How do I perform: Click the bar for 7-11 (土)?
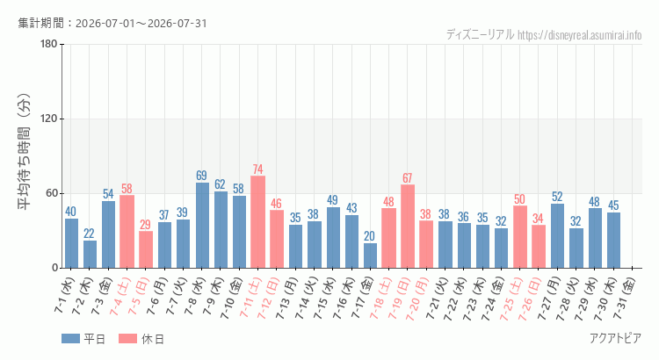coord(257,222)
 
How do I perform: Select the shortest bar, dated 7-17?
coord(370,256)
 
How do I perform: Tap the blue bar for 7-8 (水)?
coord(202,225)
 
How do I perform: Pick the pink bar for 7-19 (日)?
coord(407,226)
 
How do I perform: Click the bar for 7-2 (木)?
coord(90,254)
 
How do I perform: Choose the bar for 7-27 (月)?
coord(557,235)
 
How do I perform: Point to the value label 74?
coord(257,169)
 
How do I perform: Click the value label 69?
coord(202,175)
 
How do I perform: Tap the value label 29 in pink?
coord(145,224)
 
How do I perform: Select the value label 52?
coord(557,197)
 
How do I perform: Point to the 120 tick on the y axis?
coord(49,119)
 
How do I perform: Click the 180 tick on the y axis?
coord(49,44)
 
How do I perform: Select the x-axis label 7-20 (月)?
coord(417,299)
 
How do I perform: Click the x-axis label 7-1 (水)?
coord(64,295)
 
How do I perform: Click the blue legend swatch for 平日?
coord(70,339)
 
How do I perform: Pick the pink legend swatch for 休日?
coord(127,339)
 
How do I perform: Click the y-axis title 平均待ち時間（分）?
coord(25,152)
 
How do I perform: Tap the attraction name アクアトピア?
coord(615,338)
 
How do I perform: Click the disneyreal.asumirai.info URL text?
coord(580,35)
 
